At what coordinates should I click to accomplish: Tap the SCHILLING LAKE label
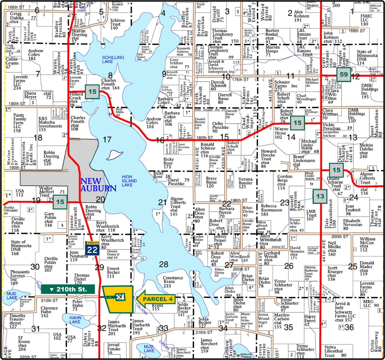point(113,59)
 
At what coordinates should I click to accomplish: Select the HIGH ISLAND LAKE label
point(129,181)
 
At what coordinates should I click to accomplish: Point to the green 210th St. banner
point(68,289)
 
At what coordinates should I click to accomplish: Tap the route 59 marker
point(344,75)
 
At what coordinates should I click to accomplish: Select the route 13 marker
point(320,196)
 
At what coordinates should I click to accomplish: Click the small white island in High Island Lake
point(115,155)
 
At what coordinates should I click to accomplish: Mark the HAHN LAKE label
point(75,320)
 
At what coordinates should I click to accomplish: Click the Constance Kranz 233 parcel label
point(173,282)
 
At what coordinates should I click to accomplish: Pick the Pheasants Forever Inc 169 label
point(20,278)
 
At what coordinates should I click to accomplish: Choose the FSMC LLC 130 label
point(366,20)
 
